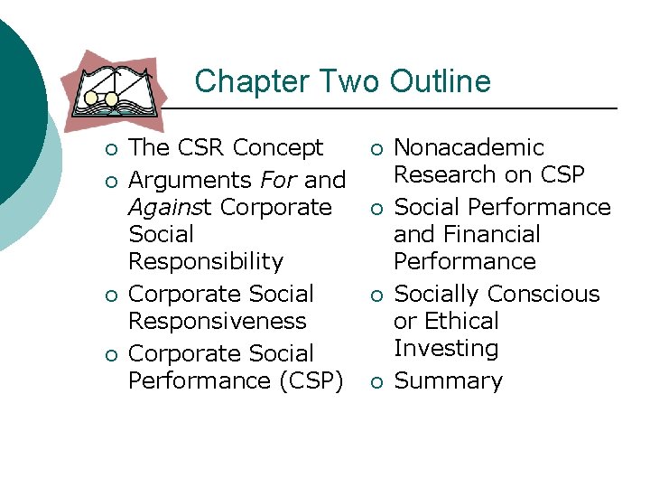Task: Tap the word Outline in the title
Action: click(x=441, y=81)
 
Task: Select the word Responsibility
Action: click(x=206, y=261)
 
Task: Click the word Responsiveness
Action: click(x=218, y=321)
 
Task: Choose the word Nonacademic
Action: click(x=469, y=147)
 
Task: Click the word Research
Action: click(x=446, y=174)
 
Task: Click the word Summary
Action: click(x=448, y=380)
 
